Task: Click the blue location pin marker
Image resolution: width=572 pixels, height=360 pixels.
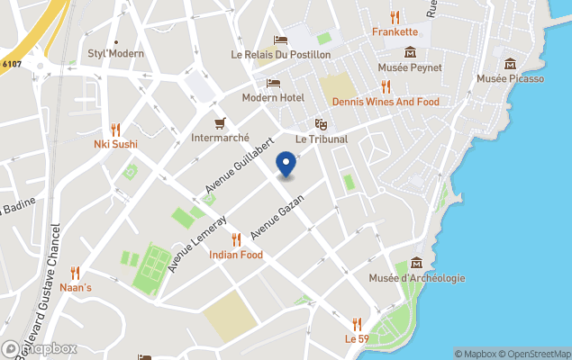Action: (x=286, y=165)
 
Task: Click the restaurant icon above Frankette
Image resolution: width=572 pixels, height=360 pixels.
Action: (x=395, y=16)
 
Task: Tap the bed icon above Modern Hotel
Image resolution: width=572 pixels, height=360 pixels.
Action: (x=273, y=83)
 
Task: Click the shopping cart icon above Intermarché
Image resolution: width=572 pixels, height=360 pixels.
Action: (x=219, y=123)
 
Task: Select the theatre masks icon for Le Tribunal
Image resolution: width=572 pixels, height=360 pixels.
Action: (x=320, y=124)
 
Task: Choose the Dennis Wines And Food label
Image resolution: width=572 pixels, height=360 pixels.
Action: (x=386, y=102)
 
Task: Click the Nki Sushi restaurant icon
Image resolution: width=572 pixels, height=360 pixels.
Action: (x=115, y=129)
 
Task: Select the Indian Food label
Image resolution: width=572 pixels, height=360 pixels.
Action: (x=236, y=255)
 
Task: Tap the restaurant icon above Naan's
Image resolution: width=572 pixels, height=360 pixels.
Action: (x=76, y=273)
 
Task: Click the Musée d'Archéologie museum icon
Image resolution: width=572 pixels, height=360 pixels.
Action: (x=416, y=263)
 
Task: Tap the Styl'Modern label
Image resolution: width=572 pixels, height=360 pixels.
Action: (x=115, y=53)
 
